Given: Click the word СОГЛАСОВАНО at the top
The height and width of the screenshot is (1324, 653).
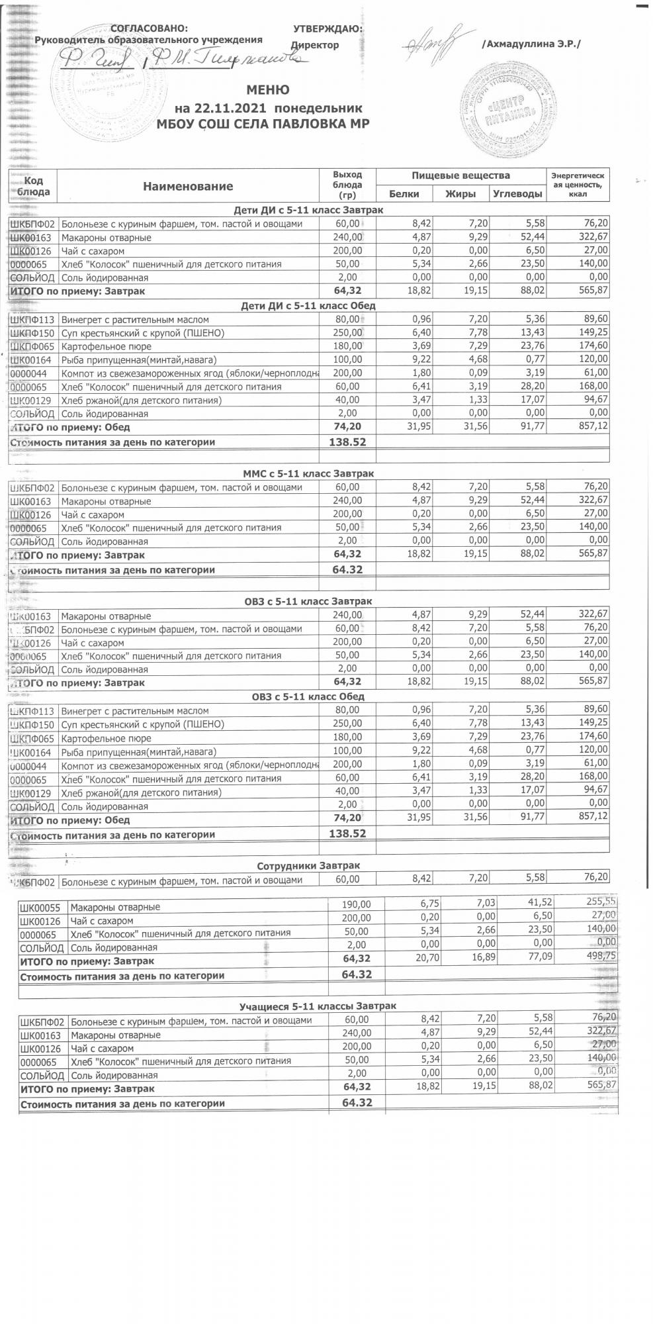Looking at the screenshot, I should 149,29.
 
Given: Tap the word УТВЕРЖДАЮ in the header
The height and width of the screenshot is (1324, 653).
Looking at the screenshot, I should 327,29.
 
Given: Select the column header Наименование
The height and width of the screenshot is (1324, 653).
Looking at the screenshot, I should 188,187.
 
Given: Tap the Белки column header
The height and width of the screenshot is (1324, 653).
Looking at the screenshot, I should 404,194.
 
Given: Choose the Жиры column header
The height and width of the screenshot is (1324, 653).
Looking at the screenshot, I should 461,194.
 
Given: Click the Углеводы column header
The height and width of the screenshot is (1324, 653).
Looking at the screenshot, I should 517,194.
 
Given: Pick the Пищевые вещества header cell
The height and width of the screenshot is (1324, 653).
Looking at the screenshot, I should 460,175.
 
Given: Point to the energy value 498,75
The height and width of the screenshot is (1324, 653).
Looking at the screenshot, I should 601,960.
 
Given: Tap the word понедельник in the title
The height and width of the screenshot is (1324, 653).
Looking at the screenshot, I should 318,107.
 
